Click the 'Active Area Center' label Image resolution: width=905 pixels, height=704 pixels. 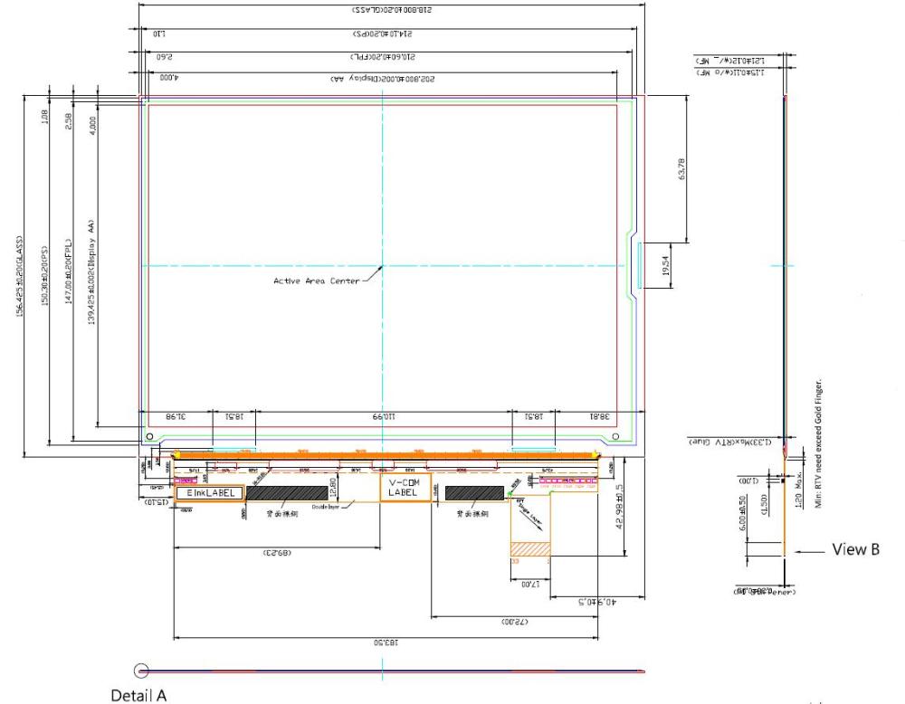coord(316,281)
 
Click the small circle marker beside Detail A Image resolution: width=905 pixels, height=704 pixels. coord(141,671)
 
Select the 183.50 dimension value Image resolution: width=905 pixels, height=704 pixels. coord(386,642)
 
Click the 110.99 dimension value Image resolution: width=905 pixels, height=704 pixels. coord(386,417)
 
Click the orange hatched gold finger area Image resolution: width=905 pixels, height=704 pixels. coord(530,549)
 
